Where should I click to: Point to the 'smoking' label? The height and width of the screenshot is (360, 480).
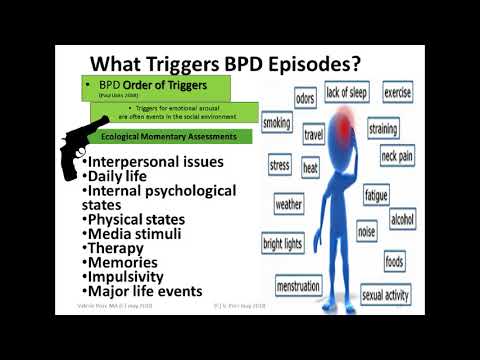277,123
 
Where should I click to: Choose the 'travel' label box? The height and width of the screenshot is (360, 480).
314,132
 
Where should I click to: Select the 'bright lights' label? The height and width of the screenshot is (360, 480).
283,243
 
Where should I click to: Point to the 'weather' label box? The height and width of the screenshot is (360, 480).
289,204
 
